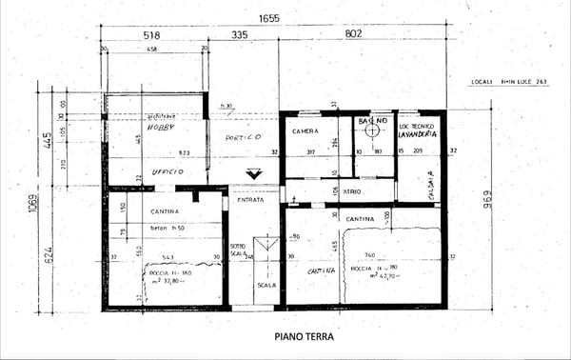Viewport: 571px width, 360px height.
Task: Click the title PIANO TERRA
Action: (305, 336)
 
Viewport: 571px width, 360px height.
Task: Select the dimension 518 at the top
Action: (150, 36)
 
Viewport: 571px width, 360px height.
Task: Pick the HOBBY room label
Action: (157, 126)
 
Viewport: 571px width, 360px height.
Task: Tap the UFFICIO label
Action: (167, 171)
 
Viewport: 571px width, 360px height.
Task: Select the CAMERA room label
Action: (305, 130)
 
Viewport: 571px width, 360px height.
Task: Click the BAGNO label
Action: (373, 123)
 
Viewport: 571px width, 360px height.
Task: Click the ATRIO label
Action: (352, 190)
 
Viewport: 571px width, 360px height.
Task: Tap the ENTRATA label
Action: (251, 199)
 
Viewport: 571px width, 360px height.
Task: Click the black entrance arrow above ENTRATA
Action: (252, 174)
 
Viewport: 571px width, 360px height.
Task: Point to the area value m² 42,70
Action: (373, 276)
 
